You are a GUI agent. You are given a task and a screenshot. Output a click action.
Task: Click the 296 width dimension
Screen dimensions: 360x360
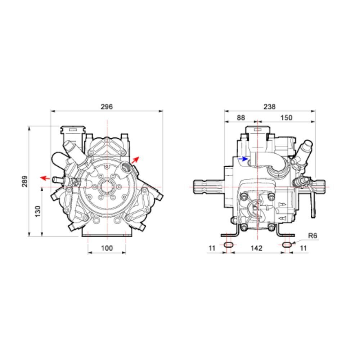pyautogui.click(x=107, y=107)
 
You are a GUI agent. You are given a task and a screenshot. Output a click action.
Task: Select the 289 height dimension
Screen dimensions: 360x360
pyautogui.click(x=25, y=181)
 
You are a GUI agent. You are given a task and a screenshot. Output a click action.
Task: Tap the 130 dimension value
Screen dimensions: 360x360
pyautogui.click(x=38, y=211)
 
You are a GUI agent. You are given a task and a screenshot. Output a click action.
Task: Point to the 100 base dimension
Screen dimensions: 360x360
pyautogui.click(x=107, y=248)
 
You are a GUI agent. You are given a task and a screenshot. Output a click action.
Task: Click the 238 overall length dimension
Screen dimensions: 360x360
pyautogui.click(x=270, y=107)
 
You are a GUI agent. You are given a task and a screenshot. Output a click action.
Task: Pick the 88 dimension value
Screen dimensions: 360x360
pyautogui.click(x=241, y=118)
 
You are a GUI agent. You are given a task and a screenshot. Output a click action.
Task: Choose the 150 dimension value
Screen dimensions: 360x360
pyautogui.click(x=286, y=118)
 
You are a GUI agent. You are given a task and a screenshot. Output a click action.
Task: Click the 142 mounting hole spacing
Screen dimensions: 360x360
pyautogui.click(x=256, y=248)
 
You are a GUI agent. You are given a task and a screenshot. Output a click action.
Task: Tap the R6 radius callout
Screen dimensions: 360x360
pyautogui.click(x=312, y=236)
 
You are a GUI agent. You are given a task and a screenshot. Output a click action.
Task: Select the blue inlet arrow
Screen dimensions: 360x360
pyautogui.click(x=243, y=159)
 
